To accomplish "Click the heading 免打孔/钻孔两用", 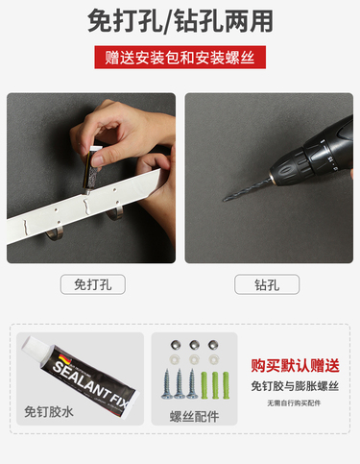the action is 180,21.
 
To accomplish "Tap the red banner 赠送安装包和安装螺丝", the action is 180,58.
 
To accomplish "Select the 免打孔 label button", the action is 93,284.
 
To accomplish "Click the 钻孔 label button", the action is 267,284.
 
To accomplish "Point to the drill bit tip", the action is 224,200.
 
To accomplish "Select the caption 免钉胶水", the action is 49,412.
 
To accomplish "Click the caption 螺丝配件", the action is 194,417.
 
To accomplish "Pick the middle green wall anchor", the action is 215,385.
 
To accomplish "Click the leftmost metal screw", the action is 167,384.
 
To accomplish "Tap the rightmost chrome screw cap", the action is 212,345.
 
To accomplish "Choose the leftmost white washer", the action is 176,359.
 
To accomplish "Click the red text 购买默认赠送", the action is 295,365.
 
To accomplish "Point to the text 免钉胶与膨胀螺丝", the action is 295,386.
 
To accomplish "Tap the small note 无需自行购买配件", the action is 294,403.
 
